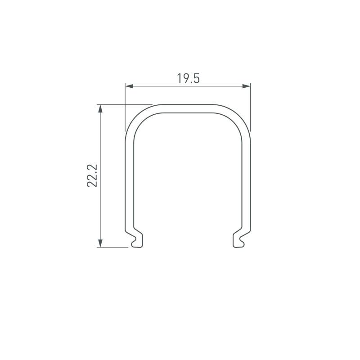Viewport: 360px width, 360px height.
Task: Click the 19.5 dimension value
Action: (188, 78)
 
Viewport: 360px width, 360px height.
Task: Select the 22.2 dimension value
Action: (93, 175)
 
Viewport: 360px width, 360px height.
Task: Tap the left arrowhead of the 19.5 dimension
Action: (128, 86)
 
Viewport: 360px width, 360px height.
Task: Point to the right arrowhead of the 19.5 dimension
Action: (247, 86)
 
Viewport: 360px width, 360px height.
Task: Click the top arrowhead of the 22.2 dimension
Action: (100, 108)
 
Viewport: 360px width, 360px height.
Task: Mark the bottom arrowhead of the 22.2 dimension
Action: (100, 243)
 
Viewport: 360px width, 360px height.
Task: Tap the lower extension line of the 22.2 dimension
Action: (115, 247)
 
